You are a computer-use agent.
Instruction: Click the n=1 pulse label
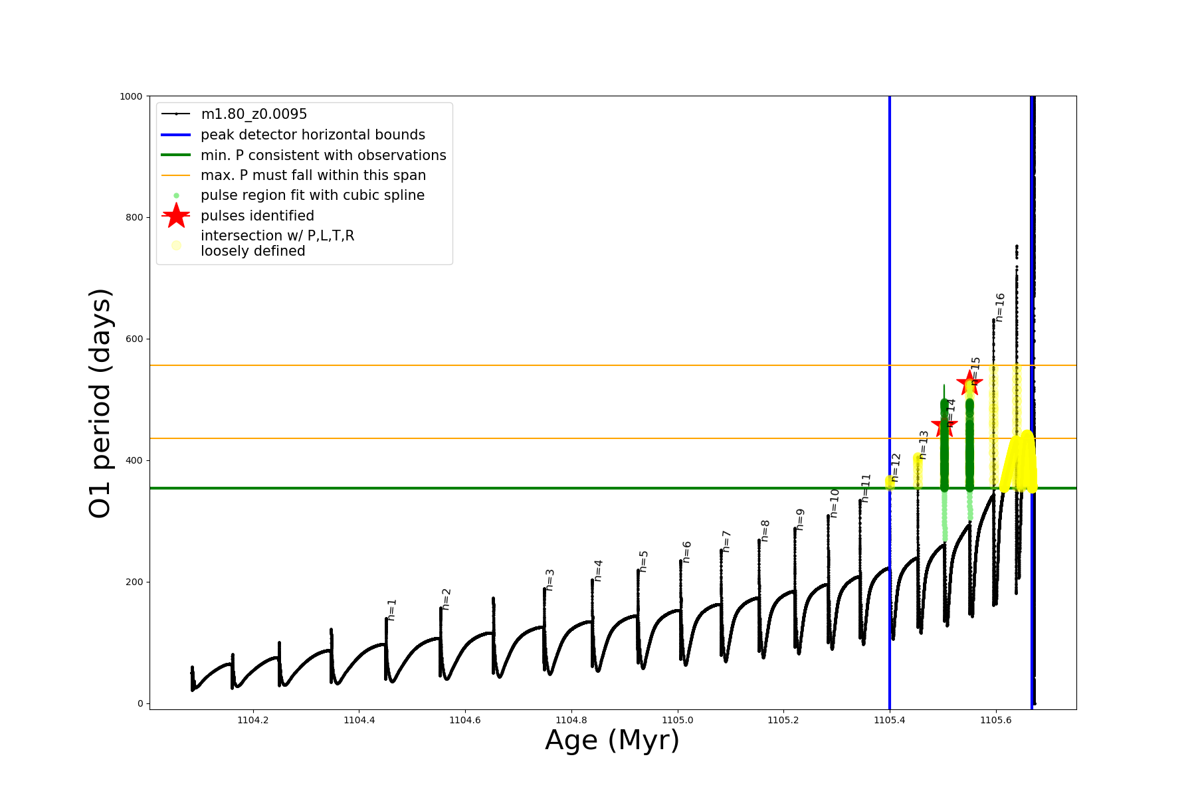click(x=392, y=610)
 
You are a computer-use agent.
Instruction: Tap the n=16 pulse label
click(x=1000, y=308)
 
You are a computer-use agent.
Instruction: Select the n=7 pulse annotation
click(x=726, y=541)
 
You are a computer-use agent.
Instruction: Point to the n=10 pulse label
click(x=835, y=503)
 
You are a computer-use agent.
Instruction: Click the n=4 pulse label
click(x=598, y=571)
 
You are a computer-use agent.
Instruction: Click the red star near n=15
click(x=969, y=383)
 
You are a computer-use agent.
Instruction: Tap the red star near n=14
click(x=944, y=426)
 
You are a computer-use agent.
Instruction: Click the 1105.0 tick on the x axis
click(x=677, y=720)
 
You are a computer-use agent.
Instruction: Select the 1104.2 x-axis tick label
click(x=252, y=720)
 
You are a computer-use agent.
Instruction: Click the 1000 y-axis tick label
click(x=131, y=96)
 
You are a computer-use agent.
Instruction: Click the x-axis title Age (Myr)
click(x=612, y=741)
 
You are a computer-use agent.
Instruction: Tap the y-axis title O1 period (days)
click(x=100, y=403)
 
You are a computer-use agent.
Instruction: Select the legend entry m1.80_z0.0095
click(x=254, y=114)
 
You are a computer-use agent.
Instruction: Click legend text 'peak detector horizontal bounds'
click(x=312, y=135)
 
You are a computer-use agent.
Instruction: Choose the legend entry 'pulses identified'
click(x=257, y=216)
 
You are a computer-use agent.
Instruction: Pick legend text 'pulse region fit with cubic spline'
click(x=312, y=195)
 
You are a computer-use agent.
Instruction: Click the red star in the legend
click(x=176, y=215)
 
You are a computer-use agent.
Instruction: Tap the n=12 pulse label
click(x=895, y=468)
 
